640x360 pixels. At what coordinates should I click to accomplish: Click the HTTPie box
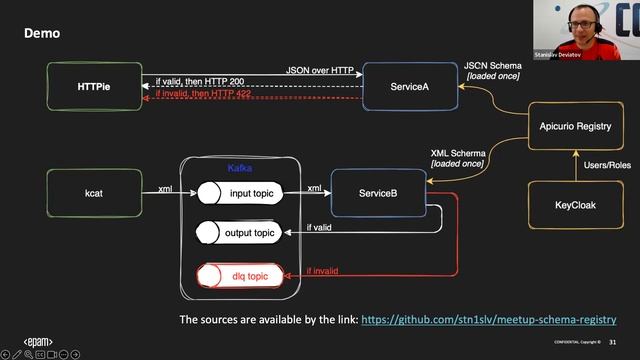94,87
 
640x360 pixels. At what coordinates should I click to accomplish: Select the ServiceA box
410,87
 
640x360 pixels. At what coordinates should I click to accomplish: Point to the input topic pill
240,191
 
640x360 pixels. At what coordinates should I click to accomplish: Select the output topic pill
240,233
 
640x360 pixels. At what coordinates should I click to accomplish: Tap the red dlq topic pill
240,272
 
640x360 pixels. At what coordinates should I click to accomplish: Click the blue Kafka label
240,168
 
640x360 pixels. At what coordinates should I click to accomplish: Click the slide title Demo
42,33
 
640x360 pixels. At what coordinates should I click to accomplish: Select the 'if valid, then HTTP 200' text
203,80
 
